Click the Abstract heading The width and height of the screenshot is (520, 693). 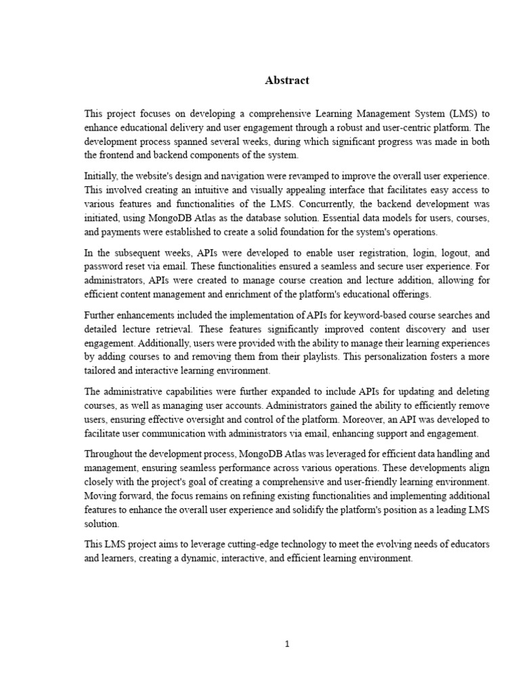click(x=286, y=81)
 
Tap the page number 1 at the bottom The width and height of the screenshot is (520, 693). click(x=287, y=644)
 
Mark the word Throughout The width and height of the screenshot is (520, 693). click(x=111, y=454)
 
